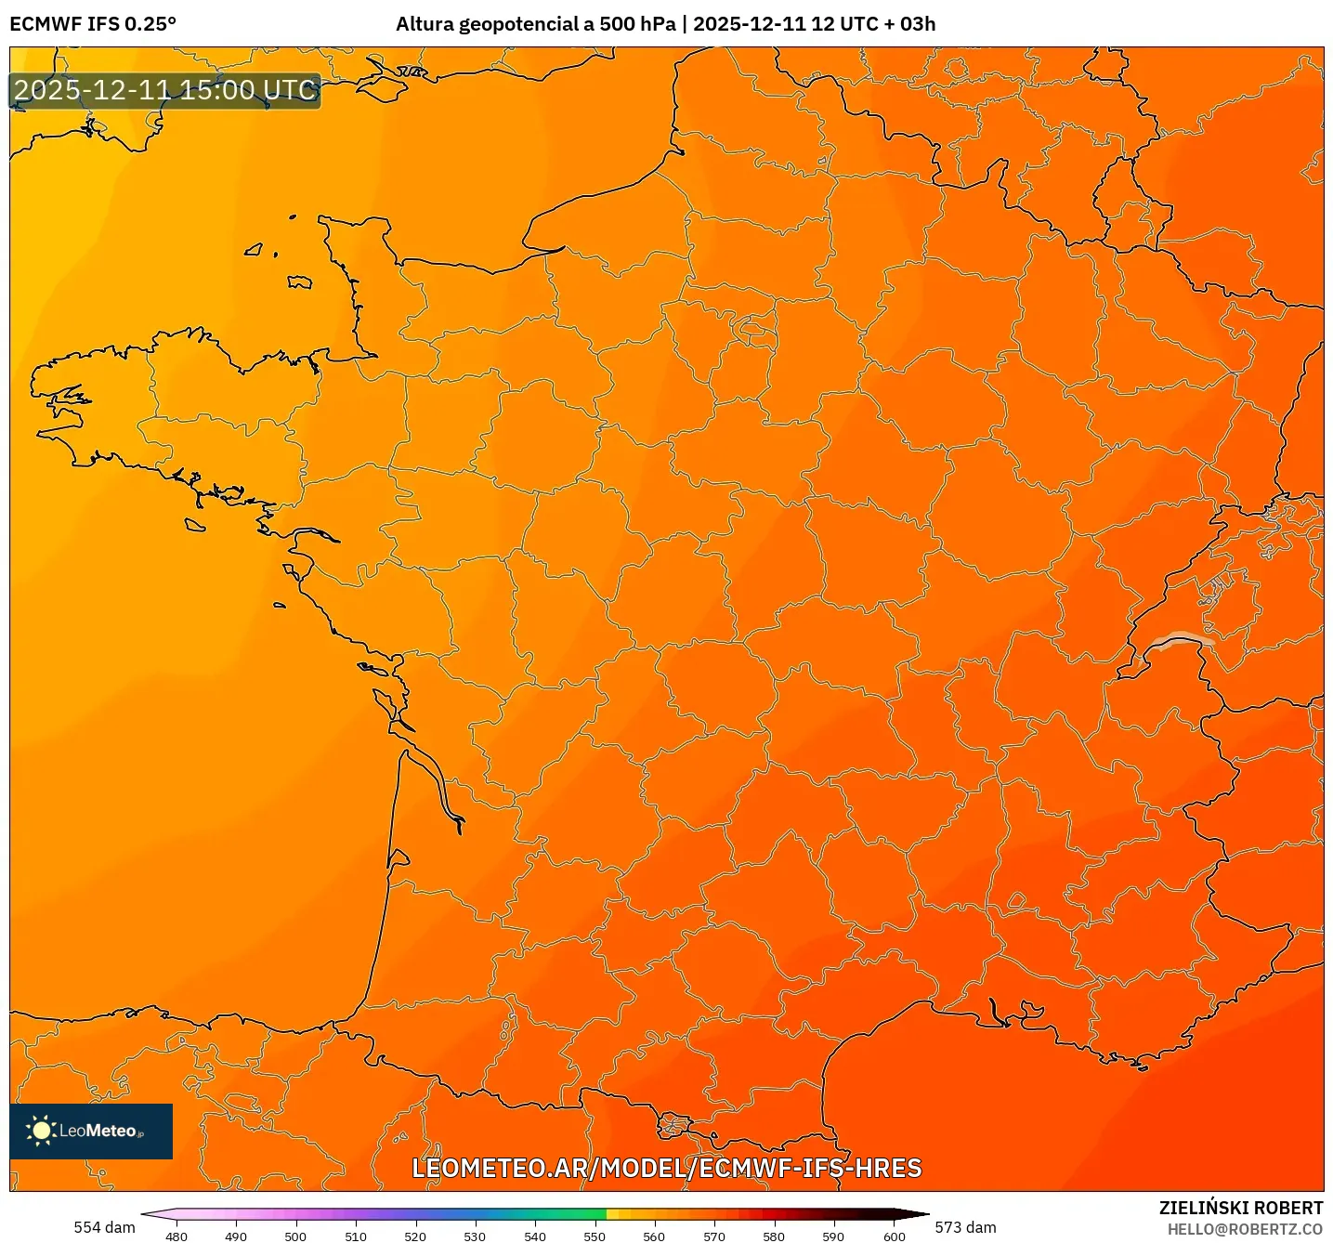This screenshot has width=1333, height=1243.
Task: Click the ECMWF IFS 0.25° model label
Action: coord(93,24)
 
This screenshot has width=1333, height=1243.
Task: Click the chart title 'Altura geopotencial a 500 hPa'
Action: coord(535,24)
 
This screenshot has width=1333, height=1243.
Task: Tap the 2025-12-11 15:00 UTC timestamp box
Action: coord(165,91)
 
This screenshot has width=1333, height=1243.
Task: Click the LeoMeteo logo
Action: coord(91,1131)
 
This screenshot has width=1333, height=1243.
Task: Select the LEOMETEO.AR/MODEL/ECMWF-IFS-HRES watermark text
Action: coord(666,1168)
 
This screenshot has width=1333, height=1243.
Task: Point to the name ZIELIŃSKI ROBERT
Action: coord(1240,1208)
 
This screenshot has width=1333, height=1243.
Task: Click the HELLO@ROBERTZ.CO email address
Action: coord(1245,1229)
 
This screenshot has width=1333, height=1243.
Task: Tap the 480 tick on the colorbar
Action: coord(176,1236)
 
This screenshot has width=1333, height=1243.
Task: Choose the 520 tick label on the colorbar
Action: coord(415,1236)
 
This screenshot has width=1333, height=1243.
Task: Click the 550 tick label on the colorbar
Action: coord(595,1236)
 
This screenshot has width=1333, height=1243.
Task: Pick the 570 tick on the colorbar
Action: coord(714,1236)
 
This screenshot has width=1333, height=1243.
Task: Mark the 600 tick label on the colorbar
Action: coord(894,1236)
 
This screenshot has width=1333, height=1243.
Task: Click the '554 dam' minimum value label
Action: coord(104,1227)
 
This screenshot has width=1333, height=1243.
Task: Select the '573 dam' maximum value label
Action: coord(965,1227)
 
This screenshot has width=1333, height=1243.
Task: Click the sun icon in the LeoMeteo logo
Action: coord(41,1131)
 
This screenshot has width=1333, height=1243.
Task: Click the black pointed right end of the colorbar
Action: coord(914,1214)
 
